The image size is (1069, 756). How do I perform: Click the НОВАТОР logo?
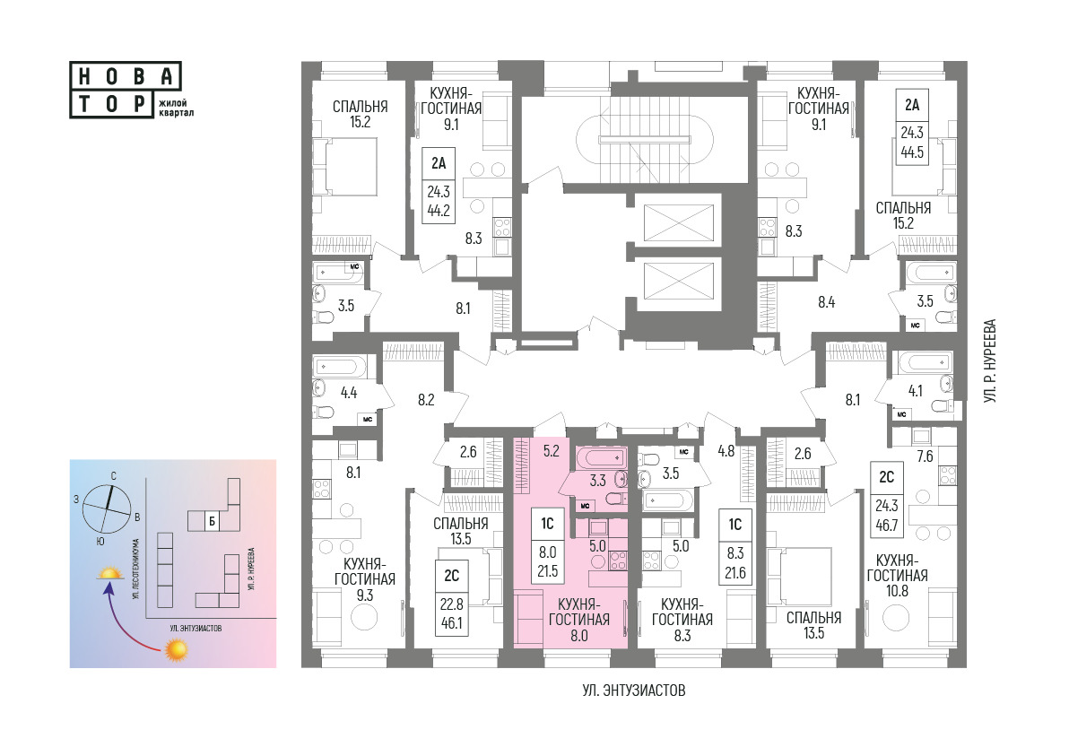126,90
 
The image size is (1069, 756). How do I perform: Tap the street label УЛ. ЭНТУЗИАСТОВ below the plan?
634,691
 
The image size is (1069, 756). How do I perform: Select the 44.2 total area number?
439,211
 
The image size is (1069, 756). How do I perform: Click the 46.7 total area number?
886,525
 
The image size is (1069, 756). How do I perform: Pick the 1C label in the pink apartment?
547,524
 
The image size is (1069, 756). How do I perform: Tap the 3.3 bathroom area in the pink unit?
597,481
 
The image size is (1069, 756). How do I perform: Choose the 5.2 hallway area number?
551,450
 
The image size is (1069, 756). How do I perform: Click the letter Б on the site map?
213,522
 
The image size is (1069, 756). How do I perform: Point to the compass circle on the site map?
107,509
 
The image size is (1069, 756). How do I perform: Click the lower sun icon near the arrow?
177,649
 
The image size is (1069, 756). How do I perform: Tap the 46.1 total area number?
451,623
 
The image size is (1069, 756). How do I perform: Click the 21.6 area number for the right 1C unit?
735,573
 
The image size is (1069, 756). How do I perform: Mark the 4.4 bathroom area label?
348,393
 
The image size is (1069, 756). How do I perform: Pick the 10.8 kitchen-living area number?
897,591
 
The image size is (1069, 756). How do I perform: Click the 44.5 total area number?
912,152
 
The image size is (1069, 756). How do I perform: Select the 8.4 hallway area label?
826,301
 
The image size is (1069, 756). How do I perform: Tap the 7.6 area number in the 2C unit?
925,456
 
